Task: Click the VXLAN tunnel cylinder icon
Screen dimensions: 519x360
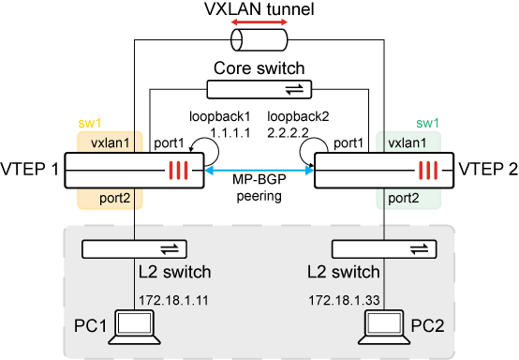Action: (x=259, y=40)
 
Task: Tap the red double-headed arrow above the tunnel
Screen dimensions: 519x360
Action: (x=259, y=22)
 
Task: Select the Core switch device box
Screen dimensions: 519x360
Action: (x=259, y=89)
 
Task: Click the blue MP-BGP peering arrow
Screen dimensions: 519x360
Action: (x=259, y=171)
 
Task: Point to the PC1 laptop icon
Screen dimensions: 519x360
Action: (x=134, y=327)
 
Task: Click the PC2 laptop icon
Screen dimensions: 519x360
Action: (x=384, y=327)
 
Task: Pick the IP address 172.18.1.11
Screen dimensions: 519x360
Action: (x=173, y=300)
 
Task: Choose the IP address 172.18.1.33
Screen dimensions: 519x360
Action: (x=344, y=300)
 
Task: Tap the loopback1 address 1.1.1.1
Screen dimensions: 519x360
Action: (x=230, y=133)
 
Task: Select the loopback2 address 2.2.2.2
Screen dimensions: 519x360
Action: (x=288, y=133)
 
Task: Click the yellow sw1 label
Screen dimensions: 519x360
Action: (x=90, y=123)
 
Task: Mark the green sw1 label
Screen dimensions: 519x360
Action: (x=427, y=123)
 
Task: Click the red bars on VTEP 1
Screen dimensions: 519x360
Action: (x=179, y=171)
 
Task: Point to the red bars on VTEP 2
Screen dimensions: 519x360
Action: (x=428, y=171)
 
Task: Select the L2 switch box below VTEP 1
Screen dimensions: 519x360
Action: (x=134, y=249)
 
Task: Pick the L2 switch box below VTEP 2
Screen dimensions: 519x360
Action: (x=384, y=249)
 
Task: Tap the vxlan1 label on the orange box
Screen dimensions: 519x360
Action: (x=111, y=143)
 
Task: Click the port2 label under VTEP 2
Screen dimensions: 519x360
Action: (x=404, y=199)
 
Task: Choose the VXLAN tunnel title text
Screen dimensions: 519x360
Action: (x=259, y=9)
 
